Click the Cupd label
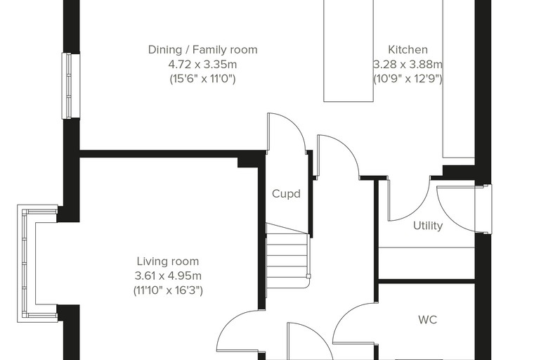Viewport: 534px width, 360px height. [x=286, y=194]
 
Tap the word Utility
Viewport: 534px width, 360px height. [x=428, y=226]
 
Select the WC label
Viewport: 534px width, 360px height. [x=427, y=320]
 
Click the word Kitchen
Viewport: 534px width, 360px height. [x=408, y=50]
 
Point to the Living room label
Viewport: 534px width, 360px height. [x=167, y=262]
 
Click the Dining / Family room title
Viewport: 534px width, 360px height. [x=202, y=50]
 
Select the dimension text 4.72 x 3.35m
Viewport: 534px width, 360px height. [x=202, y=64]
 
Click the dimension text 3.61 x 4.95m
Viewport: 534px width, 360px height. [x=168, y=276]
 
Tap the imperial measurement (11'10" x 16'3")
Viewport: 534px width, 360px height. [x=168, y=290]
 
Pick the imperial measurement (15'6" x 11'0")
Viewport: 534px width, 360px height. [x=202, y=79]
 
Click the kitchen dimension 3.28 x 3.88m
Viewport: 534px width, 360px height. [x=408, y=64]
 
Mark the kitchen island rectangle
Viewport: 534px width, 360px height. [x=349, y=51]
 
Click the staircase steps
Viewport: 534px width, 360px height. [x=287, y=255]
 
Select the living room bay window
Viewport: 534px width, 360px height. [x=37, y=263]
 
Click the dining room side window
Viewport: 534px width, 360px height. [x=70, y=86]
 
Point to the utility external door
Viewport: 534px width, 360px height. [x=456, y=209]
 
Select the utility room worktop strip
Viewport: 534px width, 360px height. [x=426, y=263]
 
